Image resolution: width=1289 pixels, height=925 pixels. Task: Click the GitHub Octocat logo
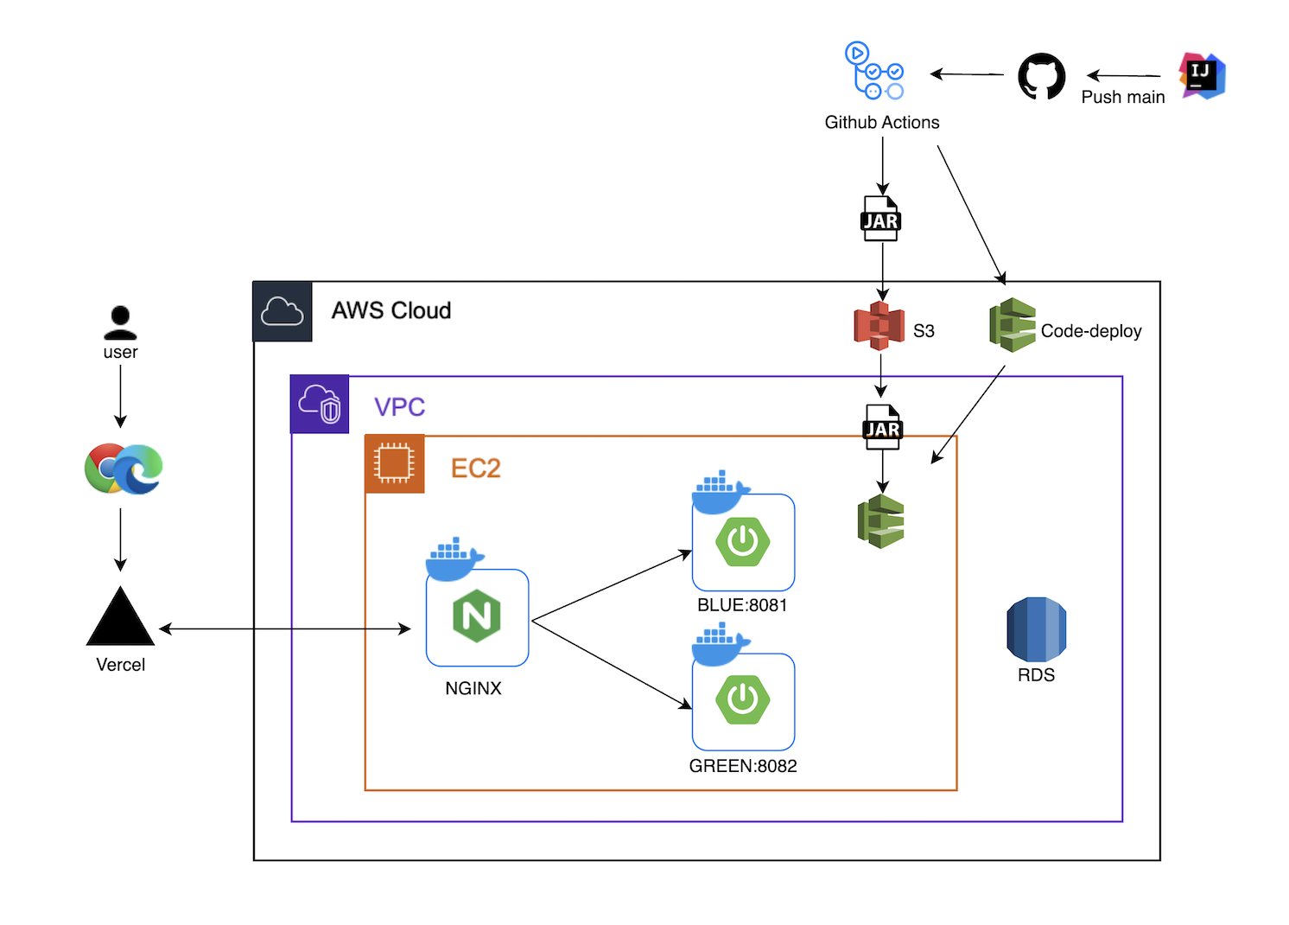point(1041,77)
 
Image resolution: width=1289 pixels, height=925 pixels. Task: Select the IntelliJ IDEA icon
point(1202,75)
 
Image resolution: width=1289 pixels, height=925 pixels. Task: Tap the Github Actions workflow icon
point(874,71)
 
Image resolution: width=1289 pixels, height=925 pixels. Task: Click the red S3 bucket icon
point(879,326)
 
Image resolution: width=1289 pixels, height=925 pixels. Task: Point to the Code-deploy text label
point(1090,331)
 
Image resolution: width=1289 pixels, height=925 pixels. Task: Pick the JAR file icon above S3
point(881,220)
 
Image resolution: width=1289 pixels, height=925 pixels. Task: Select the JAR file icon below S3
point(882,428)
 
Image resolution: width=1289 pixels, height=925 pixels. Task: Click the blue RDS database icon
point(1036,629)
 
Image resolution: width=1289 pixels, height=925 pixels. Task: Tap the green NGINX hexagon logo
point(477,616)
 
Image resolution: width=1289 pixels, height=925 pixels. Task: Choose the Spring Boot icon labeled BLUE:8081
point(742,542)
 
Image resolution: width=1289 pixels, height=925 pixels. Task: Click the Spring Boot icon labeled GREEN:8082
point(742,699)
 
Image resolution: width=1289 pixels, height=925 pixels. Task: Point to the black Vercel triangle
point(120,618)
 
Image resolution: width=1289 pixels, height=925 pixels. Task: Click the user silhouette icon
point(120,322)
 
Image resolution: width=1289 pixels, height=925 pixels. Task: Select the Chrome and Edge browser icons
point(124,469)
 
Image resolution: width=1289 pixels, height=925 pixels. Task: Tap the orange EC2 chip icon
point(394,463)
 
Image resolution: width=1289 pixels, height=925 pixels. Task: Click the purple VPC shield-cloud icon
point(320,404)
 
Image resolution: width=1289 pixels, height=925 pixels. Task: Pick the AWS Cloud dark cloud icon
point(283,311)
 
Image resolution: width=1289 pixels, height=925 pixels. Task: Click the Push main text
point(1122,97)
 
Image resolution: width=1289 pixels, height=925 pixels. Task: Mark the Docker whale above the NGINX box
point(454,558)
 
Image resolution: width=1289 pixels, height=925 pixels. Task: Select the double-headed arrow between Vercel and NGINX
point(285,629)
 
